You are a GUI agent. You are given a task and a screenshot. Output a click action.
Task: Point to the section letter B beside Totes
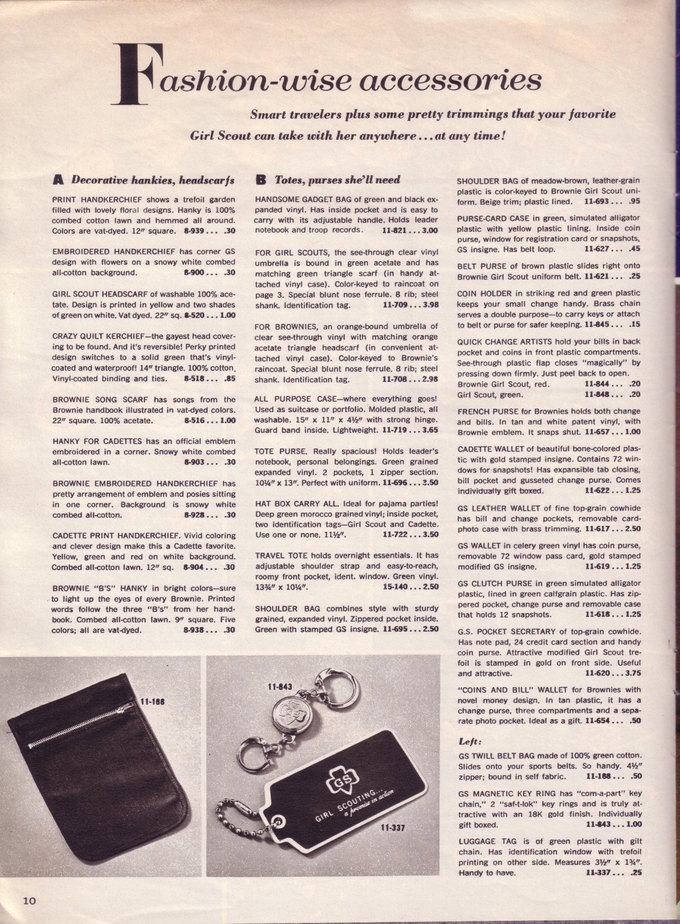260,178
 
